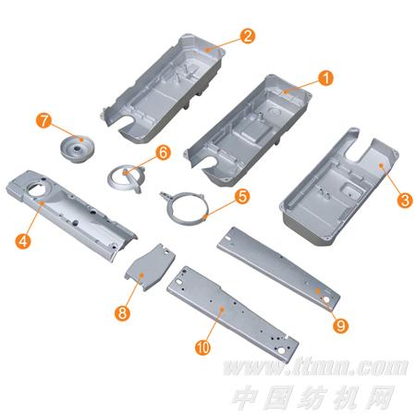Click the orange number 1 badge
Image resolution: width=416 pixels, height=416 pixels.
click(x=325, y=78)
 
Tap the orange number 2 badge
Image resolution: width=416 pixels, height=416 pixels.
click(x=248, y=36)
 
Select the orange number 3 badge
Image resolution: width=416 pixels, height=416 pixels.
click(x=405, y=200)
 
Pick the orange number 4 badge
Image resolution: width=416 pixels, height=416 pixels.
click(x=23, y=241)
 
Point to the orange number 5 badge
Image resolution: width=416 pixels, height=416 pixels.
click(x=242, y=196)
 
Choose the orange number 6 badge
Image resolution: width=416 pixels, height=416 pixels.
click(x=163, y=153)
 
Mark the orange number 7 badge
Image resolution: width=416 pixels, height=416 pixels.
click(x=44, y=120)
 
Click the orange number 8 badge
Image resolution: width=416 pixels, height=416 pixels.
click(x=122, y=313)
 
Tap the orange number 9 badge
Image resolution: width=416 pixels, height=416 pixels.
click(x=340, y=325)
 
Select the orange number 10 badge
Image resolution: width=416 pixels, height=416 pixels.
click(x=202, y=348)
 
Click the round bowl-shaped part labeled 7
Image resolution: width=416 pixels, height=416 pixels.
click(x=77, y=149)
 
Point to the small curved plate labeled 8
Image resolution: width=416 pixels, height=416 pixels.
click(x=150, y=267)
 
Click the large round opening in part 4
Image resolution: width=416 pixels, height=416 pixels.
click(x=38, y=189)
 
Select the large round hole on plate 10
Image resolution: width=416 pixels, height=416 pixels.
click(x=282, y=350)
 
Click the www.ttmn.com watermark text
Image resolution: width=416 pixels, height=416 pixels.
click(x=315, y=367)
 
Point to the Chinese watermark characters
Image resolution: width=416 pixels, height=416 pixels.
click(x=312, y=398)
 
